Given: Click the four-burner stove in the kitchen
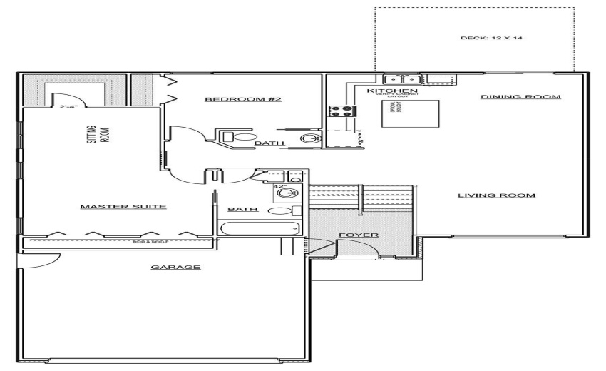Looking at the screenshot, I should coord(341,111).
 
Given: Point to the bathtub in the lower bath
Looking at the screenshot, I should coord(261,230).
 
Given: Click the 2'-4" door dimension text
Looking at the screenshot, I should coord(69,106).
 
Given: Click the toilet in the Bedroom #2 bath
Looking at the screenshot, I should coord(240,136).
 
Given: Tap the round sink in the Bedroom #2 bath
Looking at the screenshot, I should coord(309,138).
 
